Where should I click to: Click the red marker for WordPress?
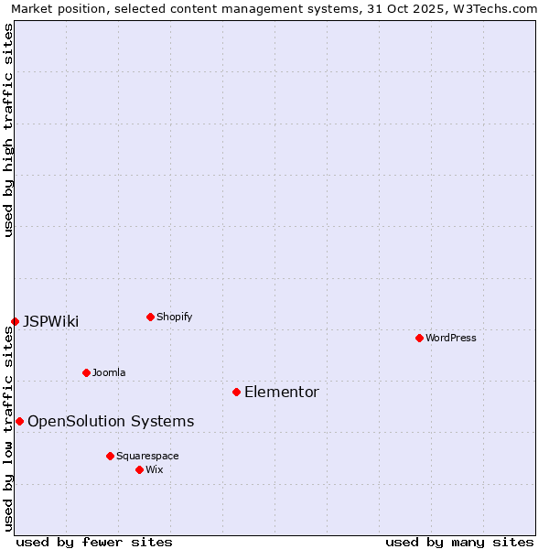[419, 338]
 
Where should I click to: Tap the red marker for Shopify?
[150, 317]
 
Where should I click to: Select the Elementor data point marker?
[236, 392]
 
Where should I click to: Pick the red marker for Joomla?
[86, 372]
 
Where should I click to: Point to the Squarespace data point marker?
[110, 456]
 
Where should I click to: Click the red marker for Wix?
[139, 469]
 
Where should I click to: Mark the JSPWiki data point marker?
[15, 321]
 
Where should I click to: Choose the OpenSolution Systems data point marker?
[19, 421]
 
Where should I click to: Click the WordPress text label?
[451, 338]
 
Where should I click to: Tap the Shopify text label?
[174, 317]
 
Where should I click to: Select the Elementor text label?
[282, 392]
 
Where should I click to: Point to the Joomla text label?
[109, 372]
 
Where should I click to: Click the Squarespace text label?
[147, 456]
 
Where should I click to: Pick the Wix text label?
[154, 469]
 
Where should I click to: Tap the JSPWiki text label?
[51, 321]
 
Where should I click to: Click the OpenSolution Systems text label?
[111, 421]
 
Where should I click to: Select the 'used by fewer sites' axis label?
[94, 542]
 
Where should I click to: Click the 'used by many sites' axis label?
[459, 542]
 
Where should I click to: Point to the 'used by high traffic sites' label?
[8, 130]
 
